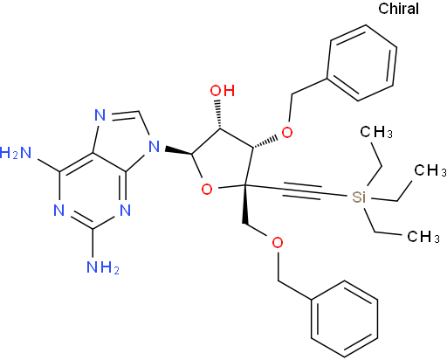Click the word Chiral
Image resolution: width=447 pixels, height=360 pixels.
[398, 9]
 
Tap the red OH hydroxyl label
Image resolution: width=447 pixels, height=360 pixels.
[223, 91]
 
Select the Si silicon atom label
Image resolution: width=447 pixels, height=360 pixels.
[359, 197]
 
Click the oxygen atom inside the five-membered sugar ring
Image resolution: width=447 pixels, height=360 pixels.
[207, 190]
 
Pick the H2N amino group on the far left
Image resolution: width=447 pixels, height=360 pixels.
[16, 153]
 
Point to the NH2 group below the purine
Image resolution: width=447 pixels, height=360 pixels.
[103, 267]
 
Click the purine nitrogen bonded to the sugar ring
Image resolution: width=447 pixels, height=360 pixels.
[155, 147]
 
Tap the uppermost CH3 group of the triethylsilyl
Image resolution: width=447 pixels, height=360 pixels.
[376, 132]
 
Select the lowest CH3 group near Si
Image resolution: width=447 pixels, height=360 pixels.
[423, 237]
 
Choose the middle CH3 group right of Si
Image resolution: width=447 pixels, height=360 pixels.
[430, 170]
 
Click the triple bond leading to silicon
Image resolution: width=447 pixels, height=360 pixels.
[302, 190]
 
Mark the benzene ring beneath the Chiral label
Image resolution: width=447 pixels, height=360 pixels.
[362, 63]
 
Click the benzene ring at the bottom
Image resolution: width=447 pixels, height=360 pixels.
[345, 319]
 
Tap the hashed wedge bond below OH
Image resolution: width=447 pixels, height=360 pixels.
[218, 114]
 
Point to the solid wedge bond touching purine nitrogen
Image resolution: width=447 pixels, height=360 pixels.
[178, 150]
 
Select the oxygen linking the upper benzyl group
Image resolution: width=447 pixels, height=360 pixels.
[287, 133]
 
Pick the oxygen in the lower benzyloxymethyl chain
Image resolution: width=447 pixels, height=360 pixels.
[278, 243]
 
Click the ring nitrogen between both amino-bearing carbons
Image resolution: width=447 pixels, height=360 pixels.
[59, 210]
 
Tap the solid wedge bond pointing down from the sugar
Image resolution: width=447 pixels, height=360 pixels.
[244, 204]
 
